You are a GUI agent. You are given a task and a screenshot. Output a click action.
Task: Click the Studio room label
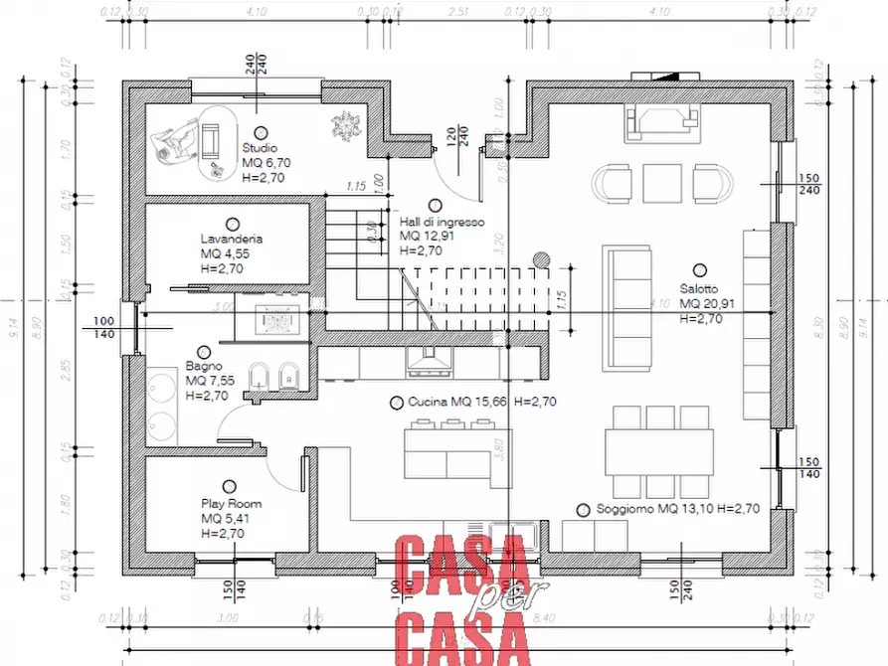click(259, 148)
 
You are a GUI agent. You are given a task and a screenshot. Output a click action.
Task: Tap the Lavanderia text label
click(231, 240)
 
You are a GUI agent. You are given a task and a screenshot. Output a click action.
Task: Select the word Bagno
click(203, 367)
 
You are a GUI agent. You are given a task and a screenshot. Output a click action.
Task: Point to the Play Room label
click(230, 504)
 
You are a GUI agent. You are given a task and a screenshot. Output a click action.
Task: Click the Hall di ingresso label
click(442, 223)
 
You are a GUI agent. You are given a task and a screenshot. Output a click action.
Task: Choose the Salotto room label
click(699, 288)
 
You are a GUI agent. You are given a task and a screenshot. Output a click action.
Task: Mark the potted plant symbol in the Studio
click(346, 125)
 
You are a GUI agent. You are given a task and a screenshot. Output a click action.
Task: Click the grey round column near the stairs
click(541, 259)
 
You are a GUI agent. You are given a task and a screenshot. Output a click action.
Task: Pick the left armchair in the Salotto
click(613, 182)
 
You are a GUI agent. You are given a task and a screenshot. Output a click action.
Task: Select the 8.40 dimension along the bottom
click(544, 617)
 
